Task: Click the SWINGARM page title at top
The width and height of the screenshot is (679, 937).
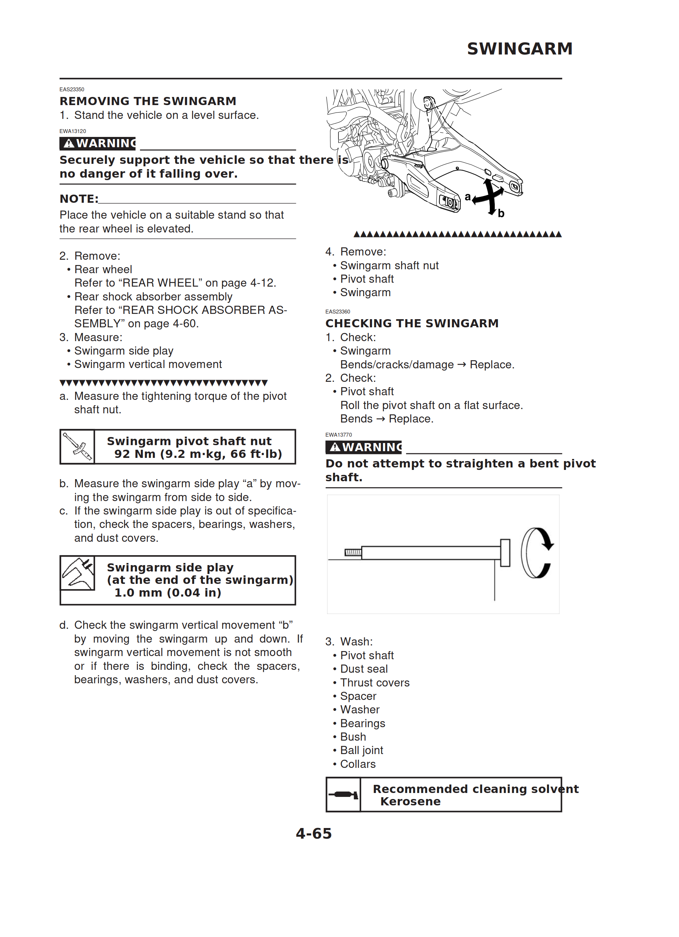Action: click(x=519, y=49)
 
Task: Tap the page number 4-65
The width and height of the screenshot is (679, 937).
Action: click(x=313, y=833)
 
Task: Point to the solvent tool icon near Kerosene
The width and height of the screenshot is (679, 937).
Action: click(x=343, y=794)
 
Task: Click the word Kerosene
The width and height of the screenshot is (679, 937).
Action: click(x=410, y=801)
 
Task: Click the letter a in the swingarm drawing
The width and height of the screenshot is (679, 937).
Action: click(x=468, y=197)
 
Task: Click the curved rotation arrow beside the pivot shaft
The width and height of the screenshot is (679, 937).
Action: click(x=537, y=552)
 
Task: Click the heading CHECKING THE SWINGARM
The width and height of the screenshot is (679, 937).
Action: click(x=412, y=323)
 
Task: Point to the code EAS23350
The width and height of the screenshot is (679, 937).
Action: click(x=72, y=89)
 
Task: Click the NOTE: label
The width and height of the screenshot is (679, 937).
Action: click(x=79, y=199)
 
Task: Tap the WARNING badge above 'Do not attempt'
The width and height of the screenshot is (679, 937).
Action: click(x=364, y=447)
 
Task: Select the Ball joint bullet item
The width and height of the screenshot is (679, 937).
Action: click(x=361, y=750)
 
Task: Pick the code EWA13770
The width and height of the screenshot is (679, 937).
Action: click(x=339, y=435)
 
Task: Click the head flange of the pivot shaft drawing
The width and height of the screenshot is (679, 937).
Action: click(x=505, y=552)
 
